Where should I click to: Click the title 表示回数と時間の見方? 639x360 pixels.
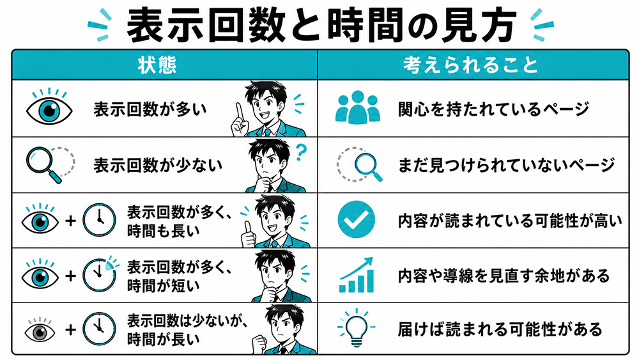click(321, 26)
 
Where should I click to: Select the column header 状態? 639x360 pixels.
click(157, 65)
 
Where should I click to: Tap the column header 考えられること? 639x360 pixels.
click(471, 65)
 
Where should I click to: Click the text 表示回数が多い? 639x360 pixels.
click(150, 109)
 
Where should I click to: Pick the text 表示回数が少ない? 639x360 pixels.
click(158, 165)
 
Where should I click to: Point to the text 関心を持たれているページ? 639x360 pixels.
click(493, 109)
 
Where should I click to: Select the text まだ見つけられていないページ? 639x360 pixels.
click(506, 165)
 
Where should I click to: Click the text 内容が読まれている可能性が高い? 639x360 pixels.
click(510, 221)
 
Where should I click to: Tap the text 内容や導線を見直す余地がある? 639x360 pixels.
click(504, 276)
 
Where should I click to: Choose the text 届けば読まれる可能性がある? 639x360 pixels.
click(500, 329)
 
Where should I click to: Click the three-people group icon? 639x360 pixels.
click(357, 107)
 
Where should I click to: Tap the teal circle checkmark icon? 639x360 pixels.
click(356, 219)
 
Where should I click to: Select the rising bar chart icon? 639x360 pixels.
click(356, 275)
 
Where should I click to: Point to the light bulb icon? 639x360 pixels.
click(356, 328)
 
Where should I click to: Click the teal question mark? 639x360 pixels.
click(301, 152)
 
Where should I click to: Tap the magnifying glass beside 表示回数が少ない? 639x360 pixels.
click(44, 164)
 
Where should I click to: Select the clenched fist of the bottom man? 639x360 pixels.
click(259, 344)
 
